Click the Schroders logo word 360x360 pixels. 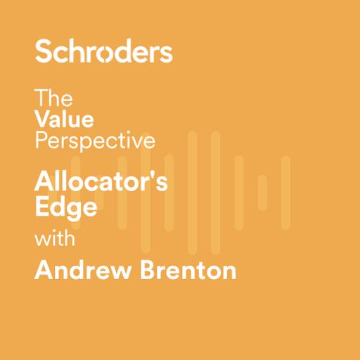[x=103, y=51]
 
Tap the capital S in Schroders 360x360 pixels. [x=44, y=51]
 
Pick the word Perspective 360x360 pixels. [x=94, y=141]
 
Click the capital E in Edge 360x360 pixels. [x=41, y=207]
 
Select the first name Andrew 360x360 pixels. [x=78, y=270]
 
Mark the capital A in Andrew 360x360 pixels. [x=44, y=270]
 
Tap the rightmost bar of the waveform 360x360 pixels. [x=285, y=193]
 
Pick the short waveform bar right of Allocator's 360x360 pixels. [x=262, y=193]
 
